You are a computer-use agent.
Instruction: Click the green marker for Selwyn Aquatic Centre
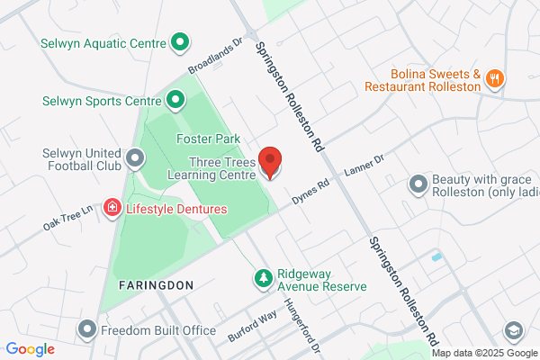tap(179, 41)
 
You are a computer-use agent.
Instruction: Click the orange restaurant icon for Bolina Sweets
tap(493, 79)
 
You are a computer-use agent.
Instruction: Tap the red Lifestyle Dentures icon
tap(112, 209)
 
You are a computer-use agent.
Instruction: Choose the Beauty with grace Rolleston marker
tap(418, 185)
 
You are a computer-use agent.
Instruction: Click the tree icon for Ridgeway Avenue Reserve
tap(263, 279)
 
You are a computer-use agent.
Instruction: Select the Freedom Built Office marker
tap(87, 329)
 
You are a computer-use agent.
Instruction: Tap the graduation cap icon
tap(514, 330)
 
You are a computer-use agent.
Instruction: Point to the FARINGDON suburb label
tap(156, 284)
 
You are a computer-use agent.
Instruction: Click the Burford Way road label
tap(251, 320)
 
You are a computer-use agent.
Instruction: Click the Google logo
tap(31, 348)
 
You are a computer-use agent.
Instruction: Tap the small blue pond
tap(436, 257)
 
